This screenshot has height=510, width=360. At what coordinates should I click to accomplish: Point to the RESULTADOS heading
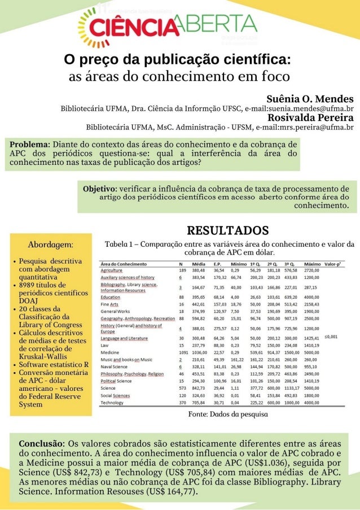[x=227, y=230]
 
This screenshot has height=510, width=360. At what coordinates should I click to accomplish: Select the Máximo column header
[x=312, y=264]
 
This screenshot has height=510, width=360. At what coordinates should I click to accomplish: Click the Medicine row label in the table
[x=109, y=352]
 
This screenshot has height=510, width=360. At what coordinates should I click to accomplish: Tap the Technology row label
[x=112, y=403]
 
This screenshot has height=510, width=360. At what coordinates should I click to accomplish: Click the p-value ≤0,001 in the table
[x=332, y=336]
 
